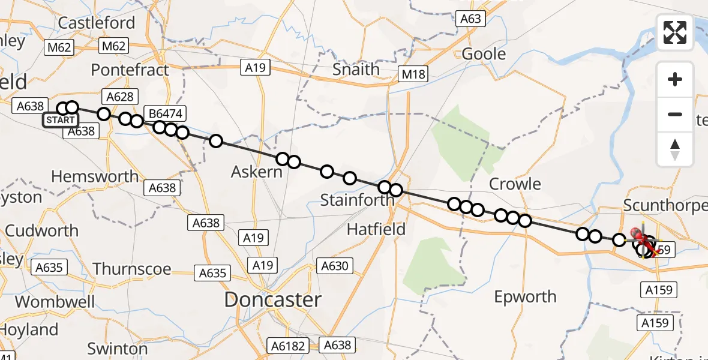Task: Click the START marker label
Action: (61, 120)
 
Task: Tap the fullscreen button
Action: (675, 32)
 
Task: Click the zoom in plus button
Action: (675, 79)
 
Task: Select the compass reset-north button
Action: (675, 149)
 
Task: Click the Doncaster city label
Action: (272, 300)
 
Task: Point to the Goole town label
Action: (484, 54)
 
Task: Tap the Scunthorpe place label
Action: (665, 206)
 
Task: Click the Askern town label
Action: (256, 172)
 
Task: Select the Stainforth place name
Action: (357, 200)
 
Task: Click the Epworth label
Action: (525, 296)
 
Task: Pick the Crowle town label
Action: (515, 184)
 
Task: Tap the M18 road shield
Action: (414, 74)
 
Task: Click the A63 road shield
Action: (470, 19)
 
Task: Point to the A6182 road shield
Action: (291, 346)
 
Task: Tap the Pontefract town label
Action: (130, 70)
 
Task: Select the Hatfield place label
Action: (376, 229)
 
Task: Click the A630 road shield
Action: (335, 265)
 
